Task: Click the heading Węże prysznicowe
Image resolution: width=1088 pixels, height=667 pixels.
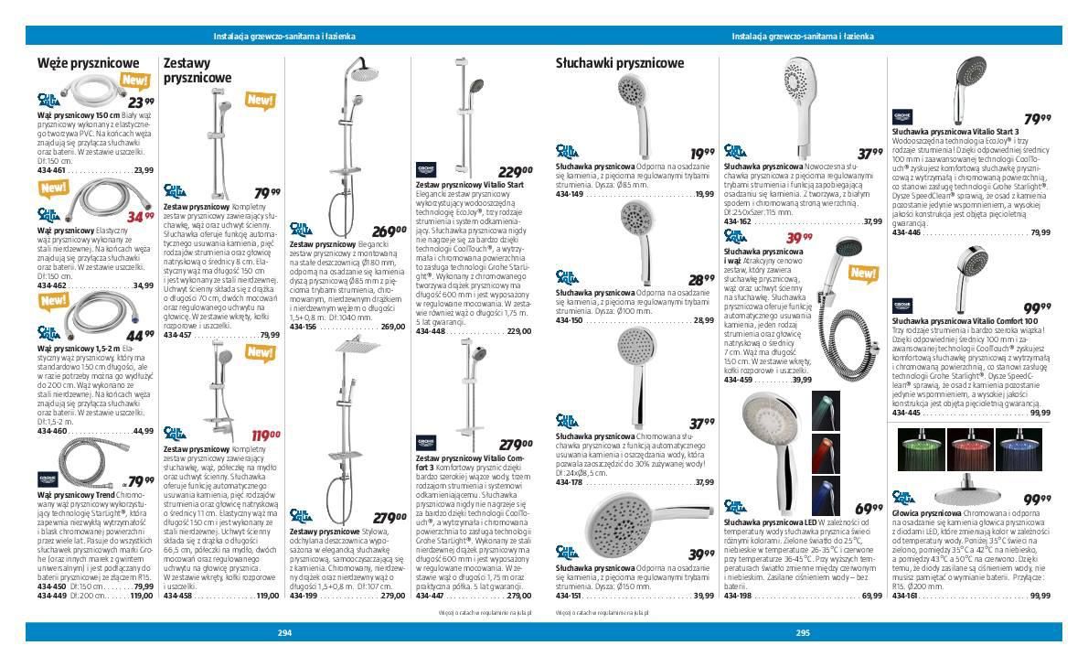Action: pyautogui.click(x=88, y=63)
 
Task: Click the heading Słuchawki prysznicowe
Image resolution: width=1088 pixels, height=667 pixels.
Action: pyautogui.click(x=620, y=63)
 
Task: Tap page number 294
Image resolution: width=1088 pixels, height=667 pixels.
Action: pyautogui.click(x=284, y=632)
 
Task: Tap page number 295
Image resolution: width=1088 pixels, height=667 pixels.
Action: pyautogui.click(x=803, y=632)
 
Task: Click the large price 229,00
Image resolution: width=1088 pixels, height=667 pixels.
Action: pyautogui.click(x=515, y=171)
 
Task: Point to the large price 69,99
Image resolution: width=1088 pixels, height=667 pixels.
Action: pyautogui.click(x=869, y=509)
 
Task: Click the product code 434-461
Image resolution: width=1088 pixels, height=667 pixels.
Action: pyautogui.click(x=52, y=170)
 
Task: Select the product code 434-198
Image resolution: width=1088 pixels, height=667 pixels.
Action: pyautogui.click(x=738, y=596)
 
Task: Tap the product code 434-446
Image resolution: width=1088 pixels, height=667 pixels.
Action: pyautogui.click(x=907, y=232)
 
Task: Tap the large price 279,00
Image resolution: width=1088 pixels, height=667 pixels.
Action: pyautogui.click(x=389, y=517)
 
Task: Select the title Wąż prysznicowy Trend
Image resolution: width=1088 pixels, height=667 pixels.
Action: pyautogui.click(x=76, y=494)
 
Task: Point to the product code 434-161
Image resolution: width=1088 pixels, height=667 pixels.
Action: pyautogui.click(x=905, y=596)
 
